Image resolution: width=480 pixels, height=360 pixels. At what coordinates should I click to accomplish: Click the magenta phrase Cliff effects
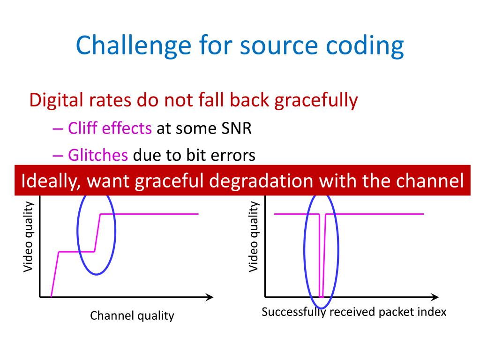tap(110, 128)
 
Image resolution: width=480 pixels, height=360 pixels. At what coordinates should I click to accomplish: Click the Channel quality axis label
tap(132, 315)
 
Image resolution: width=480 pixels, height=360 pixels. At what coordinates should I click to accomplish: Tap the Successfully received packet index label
tap(354, 312)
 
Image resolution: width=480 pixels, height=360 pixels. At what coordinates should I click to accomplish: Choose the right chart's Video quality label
tap(254, 237)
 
